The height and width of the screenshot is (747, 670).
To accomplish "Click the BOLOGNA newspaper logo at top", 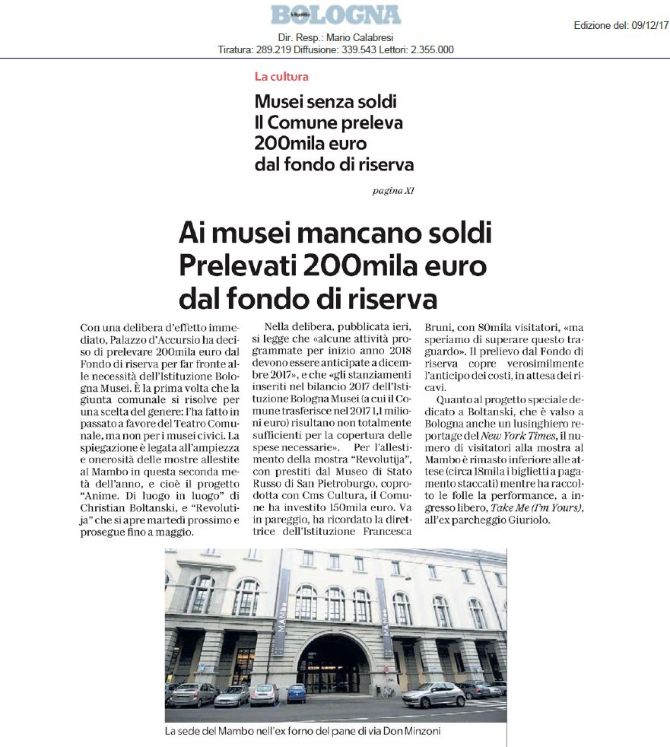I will coord(335,14).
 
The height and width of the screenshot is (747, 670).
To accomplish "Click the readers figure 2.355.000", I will coord(428,50).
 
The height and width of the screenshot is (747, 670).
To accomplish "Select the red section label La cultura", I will coord(281,76).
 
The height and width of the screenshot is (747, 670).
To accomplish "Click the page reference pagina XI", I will coord(393,190).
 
